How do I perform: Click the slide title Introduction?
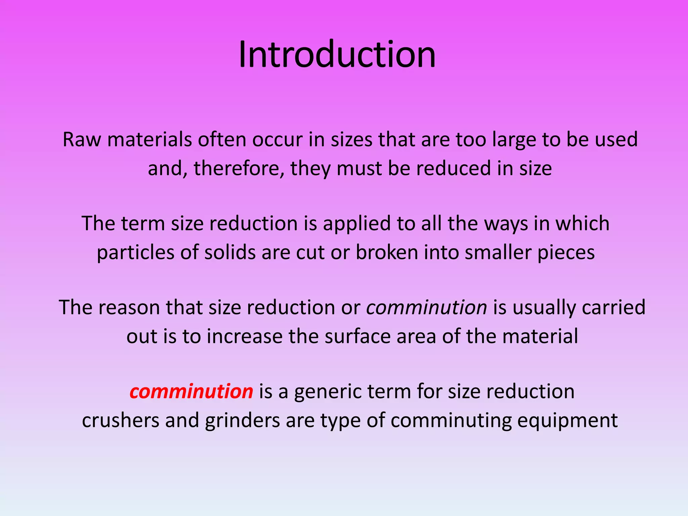[x=337, y=54]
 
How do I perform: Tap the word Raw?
[x=82, y=139]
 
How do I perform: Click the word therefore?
[x=239, y=168]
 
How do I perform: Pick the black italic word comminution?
[x=427, y=307]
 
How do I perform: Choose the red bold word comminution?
[x=191, y=392]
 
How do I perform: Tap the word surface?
[x=357, y=336]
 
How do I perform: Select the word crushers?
[x=121, y=420]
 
